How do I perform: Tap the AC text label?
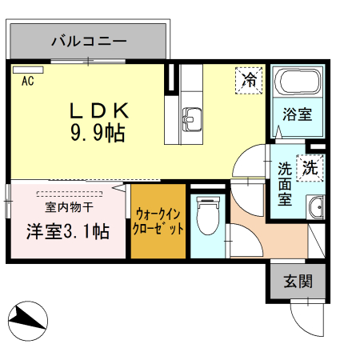pyautogui.click(x=27, y=81)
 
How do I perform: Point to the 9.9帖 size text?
pyautogui.click(x=97, y=134)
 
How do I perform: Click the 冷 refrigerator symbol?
pyautogui.click(x=250, y=79)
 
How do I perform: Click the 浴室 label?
pyautogui.click(x=297, y=114)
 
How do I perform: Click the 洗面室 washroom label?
pyautogui.click(x=285, y=184)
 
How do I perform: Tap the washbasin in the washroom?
pyautogui.click(x=316, y=207)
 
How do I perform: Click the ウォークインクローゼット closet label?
pyautogui.click(x=159, y=221)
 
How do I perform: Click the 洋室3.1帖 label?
pyautogui.click(x=67, y=232)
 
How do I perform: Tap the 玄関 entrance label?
pyautogui.click(x=297, y=281)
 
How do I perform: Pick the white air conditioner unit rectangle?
pyautogui.click(x=27, y=69)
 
